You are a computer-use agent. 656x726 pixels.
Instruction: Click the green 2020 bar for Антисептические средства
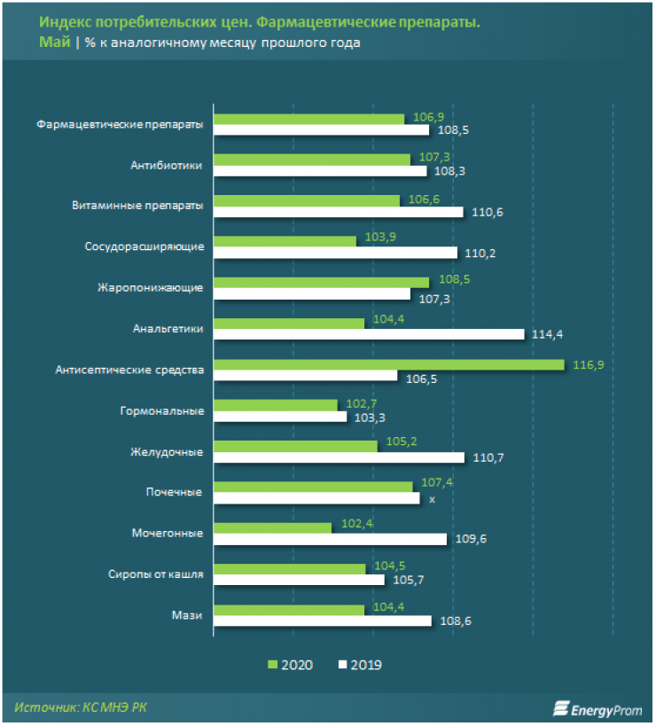point(388,364)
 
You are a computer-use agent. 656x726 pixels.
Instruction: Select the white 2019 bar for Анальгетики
point(369,334)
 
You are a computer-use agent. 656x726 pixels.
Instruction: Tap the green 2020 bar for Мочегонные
point(272,527)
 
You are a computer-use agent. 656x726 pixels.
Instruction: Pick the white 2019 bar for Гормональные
point(280,417)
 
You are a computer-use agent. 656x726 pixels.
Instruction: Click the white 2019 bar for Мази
point(323,621)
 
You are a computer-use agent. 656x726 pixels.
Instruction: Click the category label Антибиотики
point(167,165)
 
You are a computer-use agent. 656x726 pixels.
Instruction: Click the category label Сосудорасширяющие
point(144,246)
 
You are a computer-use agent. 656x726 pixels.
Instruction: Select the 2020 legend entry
point(293,664)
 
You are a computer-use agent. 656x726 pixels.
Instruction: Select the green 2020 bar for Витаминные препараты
point(307,201)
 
